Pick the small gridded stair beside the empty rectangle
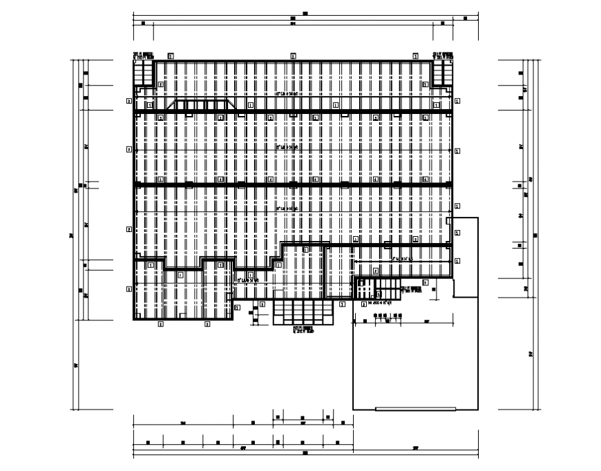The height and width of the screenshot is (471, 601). coord(364,288)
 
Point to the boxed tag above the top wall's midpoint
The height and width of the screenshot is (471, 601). coord(293,55)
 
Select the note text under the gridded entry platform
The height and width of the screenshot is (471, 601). coord(303,330)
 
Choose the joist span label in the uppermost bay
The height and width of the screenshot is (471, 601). coord(287,93)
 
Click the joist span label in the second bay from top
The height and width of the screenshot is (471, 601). coord(287,147)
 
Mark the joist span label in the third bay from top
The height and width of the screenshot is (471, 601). coord(287,207)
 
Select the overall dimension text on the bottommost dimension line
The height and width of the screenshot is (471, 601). coord(304,454)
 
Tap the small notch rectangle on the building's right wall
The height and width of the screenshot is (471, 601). coord(449,221)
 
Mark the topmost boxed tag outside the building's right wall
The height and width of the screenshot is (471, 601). coord(457,100)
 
